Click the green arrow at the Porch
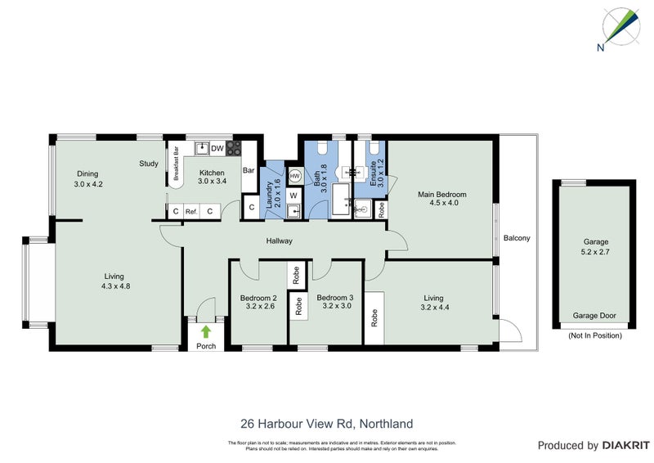[205, 331]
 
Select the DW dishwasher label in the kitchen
[217, 148]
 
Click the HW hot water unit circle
[294, 175]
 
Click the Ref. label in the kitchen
[192, 211]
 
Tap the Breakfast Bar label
[176, 164]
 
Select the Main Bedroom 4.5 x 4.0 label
[441, 200]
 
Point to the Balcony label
[516, 239]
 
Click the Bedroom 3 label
[334, 303]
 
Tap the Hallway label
[279, 241]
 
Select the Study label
[148, 164]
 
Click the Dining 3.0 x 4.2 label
[87, 178]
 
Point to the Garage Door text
[594, 316]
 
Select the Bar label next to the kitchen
[249, 170]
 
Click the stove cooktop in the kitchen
[234, 148]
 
